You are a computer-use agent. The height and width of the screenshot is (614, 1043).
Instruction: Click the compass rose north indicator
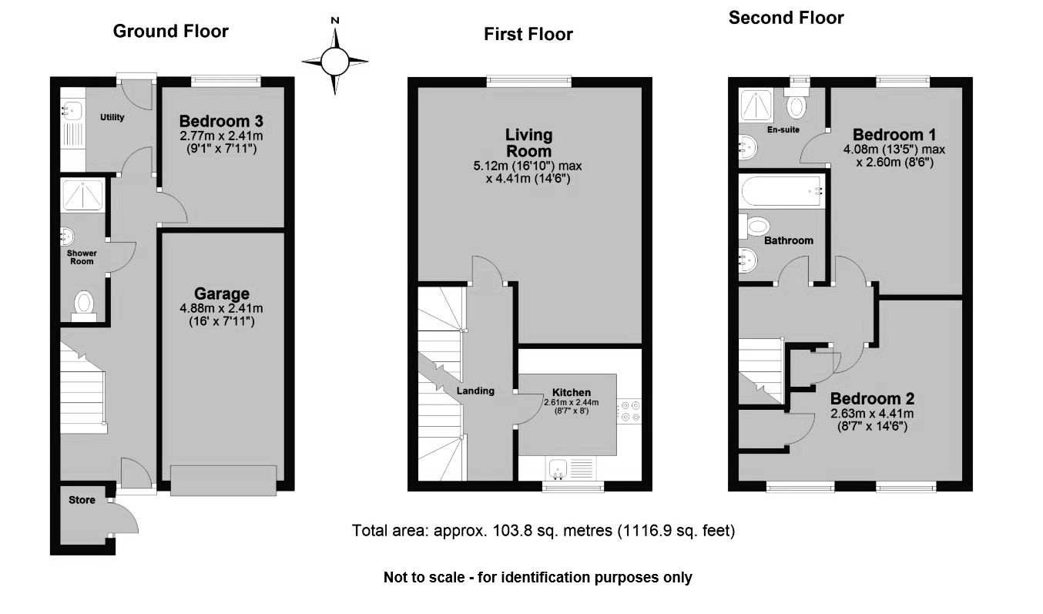334,21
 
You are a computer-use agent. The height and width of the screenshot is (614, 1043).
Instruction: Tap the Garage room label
221,294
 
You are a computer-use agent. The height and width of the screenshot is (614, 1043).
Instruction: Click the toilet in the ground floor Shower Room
83,303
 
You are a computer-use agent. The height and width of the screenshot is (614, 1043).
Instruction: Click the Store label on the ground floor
82,500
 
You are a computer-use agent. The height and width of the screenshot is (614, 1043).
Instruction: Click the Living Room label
528,143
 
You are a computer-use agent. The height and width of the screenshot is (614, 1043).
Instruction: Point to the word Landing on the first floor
475,391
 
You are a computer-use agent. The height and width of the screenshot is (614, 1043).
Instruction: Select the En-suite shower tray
756,104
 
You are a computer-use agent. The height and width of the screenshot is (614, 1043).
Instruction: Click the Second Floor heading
786,17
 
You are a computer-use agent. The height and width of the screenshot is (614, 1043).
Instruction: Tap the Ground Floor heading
170,31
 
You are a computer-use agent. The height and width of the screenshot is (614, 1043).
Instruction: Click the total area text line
543,530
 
